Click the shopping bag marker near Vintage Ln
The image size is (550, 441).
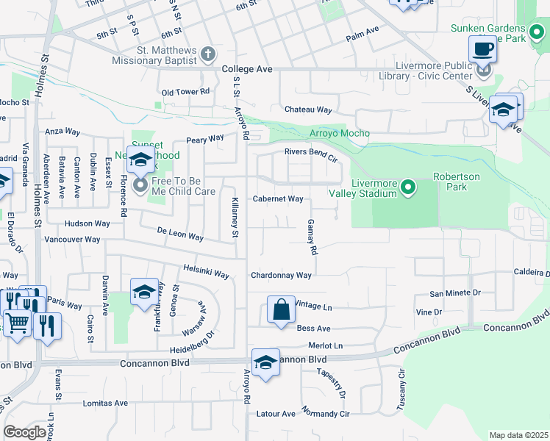tap(282, 310)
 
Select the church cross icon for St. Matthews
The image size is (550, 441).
tap(208, 54)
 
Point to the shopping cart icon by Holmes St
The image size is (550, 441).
tap(18, 322)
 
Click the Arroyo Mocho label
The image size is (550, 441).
tap(339, 133)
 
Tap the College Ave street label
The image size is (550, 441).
tap(247, 69)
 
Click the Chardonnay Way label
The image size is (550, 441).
tap(281, 276)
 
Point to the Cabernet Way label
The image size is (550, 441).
tap(278, 199)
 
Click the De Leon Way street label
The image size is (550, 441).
tap(180, 234)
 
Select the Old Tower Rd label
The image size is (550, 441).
tap(186, 92)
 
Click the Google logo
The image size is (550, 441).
tap(24, 432)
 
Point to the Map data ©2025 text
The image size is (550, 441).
tap(518, 435)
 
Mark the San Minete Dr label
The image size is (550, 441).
tap(455, 293)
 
